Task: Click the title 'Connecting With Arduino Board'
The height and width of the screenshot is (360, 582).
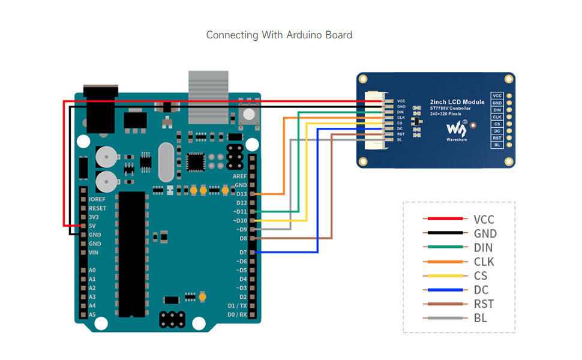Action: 279,35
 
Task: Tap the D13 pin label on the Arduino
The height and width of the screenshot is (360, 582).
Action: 241,194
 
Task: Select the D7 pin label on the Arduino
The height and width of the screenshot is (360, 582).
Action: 242,253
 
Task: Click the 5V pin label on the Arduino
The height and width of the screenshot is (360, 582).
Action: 92,226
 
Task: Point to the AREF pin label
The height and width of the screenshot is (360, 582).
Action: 239,176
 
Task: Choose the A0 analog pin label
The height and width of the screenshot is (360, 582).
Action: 92,270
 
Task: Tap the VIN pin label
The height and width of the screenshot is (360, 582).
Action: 94,253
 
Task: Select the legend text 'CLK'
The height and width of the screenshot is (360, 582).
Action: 484,262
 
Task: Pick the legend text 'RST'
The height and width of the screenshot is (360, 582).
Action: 484,304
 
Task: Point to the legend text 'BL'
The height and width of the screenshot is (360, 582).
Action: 480,318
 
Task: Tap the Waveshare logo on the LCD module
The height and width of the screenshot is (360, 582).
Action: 457,128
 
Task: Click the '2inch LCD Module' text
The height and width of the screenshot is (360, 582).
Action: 457,102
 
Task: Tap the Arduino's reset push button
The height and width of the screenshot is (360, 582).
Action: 248,113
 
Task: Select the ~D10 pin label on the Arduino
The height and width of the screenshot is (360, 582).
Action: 239,220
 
